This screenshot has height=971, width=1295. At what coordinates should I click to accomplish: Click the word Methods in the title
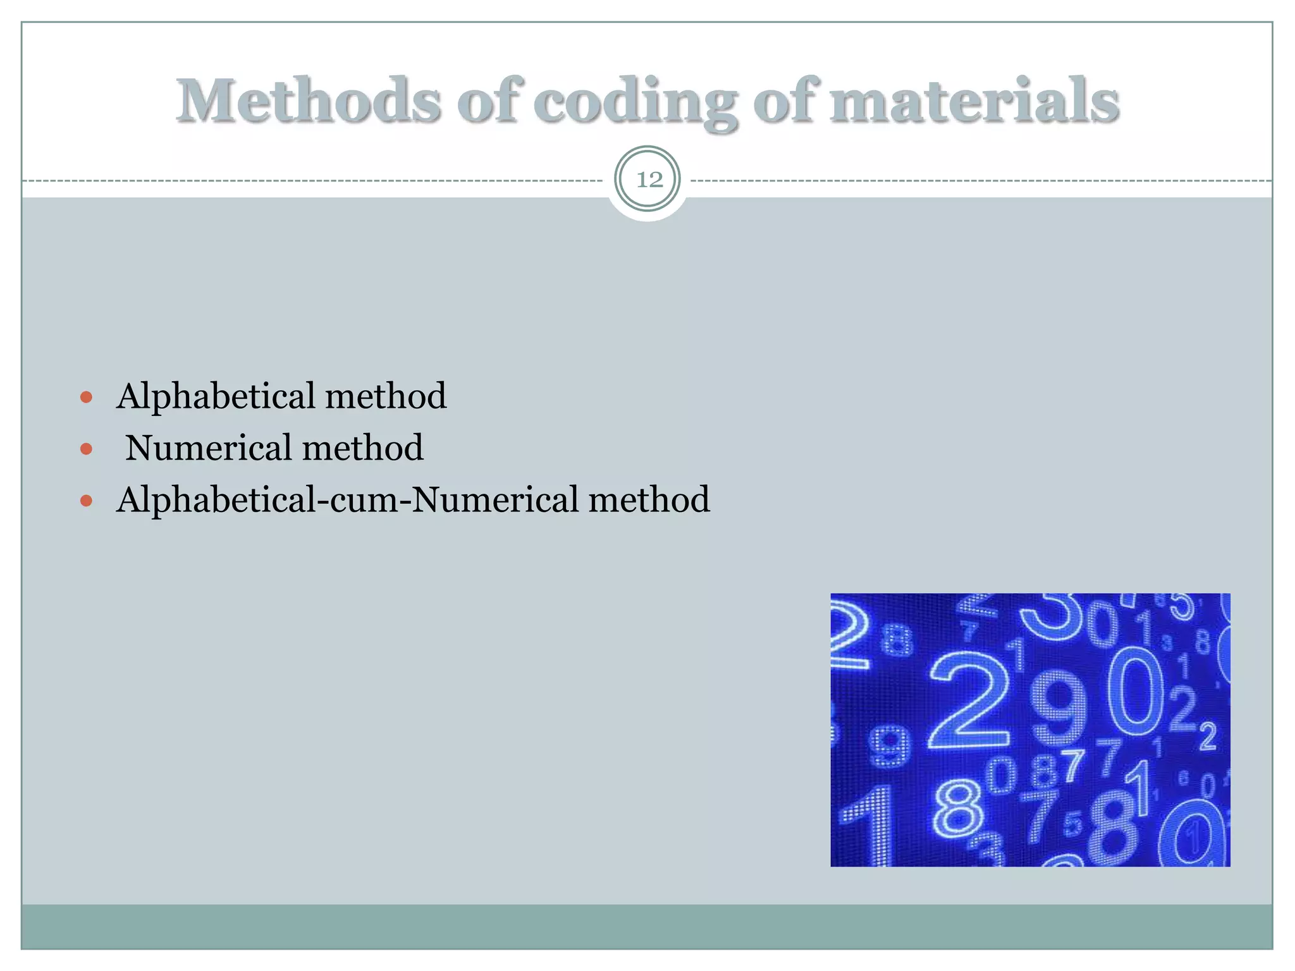pos(308,101)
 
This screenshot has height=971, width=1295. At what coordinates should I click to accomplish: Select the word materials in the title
pos(974,101)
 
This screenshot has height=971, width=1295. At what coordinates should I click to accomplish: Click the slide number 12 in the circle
pos(648,180)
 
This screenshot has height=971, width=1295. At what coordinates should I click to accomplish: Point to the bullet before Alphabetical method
pos(87,398)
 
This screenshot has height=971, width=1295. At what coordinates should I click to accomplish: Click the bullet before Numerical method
pos(87,449)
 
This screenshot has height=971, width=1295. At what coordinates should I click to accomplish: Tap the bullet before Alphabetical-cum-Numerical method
pos(87,501)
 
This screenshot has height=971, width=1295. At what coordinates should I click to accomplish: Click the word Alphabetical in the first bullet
pos(216,396)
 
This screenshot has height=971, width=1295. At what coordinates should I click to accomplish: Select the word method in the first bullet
pos(386,396)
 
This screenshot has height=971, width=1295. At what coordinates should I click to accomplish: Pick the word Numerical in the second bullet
pos(208,448)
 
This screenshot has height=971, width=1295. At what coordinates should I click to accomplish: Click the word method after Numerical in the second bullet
pos(363,448)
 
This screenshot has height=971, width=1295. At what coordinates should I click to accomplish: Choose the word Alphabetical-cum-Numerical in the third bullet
pos(347,499)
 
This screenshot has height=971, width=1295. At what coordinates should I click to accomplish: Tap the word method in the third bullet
pos(649,499)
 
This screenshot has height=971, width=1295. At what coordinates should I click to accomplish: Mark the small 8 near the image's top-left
pos(897,639)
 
